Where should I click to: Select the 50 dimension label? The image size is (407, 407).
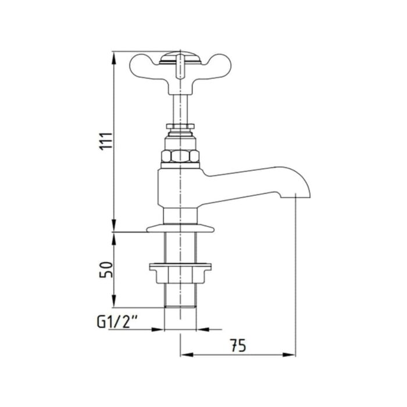pos(106,270)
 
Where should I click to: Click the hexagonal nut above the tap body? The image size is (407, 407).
pos(180,156)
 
